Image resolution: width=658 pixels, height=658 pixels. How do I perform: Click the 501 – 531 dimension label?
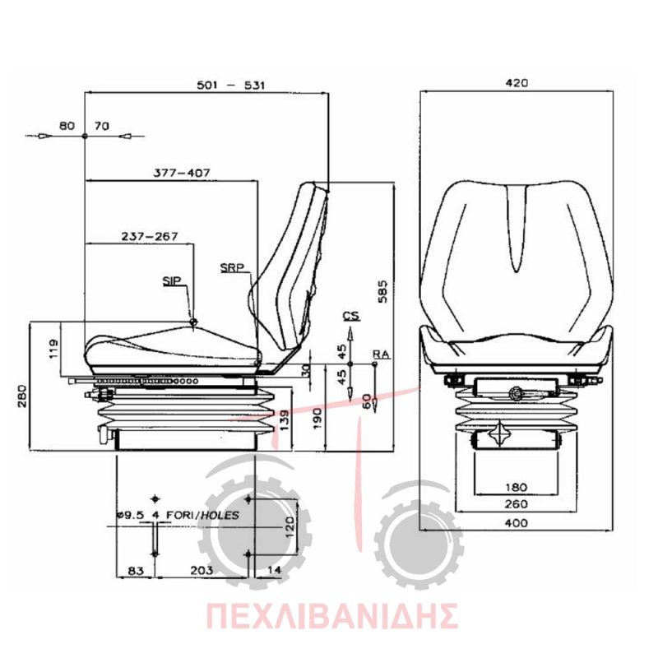point(231,86)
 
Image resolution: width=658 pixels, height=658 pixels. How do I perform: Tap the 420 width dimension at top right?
point(517,83)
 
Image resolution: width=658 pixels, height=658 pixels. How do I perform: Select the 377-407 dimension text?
point(181,173)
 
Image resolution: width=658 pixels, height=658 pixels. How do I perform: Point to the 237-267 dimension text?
point(150,236)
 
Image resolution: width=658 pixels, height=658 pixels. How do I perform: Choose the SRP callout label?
point(233,267)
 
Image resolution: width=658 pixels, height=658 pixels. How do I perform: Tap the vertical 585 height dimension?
point(382,291)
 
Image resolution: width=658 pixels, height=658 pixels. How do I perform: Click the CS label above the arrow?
point(352,316)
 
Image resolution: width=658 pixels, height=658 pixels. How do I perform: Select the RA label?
point(381,354)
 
